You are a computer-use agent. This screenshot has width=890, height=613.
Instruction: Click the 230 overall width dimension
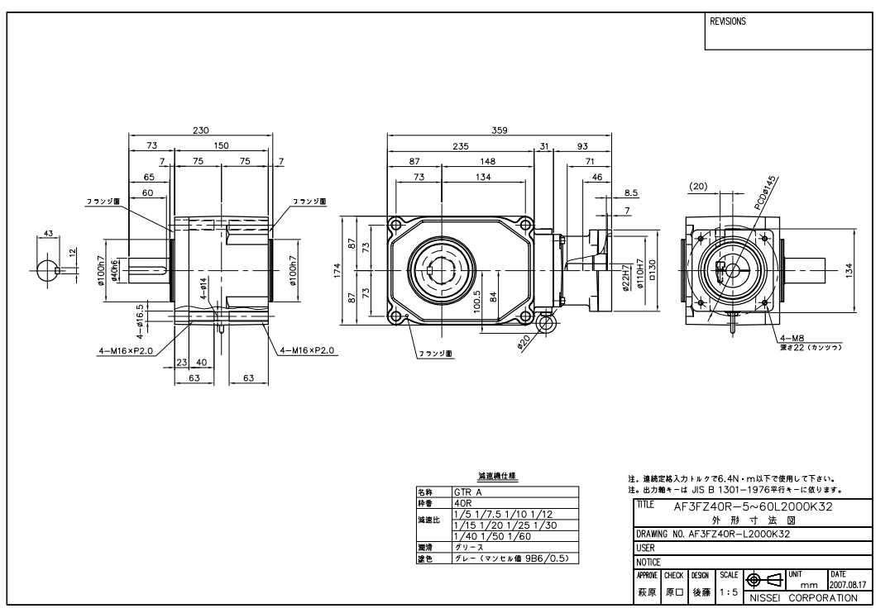point(201,131)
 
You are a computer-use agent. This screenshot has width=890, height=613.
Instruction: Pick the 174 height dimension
point(337,271)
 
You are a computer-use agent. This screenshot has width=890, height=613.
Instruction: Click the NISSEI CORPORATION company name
point(802,596)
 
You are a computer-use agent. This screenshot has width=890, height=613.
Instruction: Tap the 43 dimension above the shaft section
point(48,234)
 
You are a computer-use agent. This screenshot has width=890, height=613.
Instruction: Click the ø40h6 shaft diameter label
point(115,271)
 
